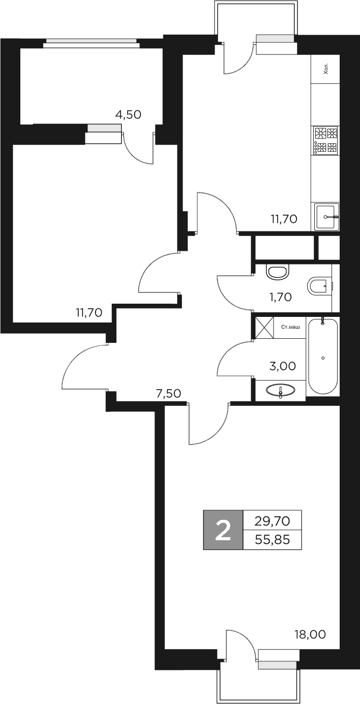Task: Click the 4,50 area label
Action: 128,114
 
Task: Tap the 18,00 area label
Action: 310,634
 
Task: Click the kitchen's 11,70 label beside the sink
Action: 284,219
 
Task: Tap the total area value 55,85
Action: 273,539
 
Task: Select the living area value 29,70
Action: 273,520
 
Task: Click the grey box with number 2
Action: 223,530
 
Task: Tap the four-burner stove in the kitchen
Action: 326,140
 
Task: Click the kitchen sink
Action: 326,217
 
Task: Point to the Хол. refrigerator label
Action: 326,69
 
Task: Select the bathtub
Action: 323,356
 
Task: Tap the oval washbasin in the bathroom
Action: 280,391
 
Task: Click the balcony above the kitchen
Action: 256,20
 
